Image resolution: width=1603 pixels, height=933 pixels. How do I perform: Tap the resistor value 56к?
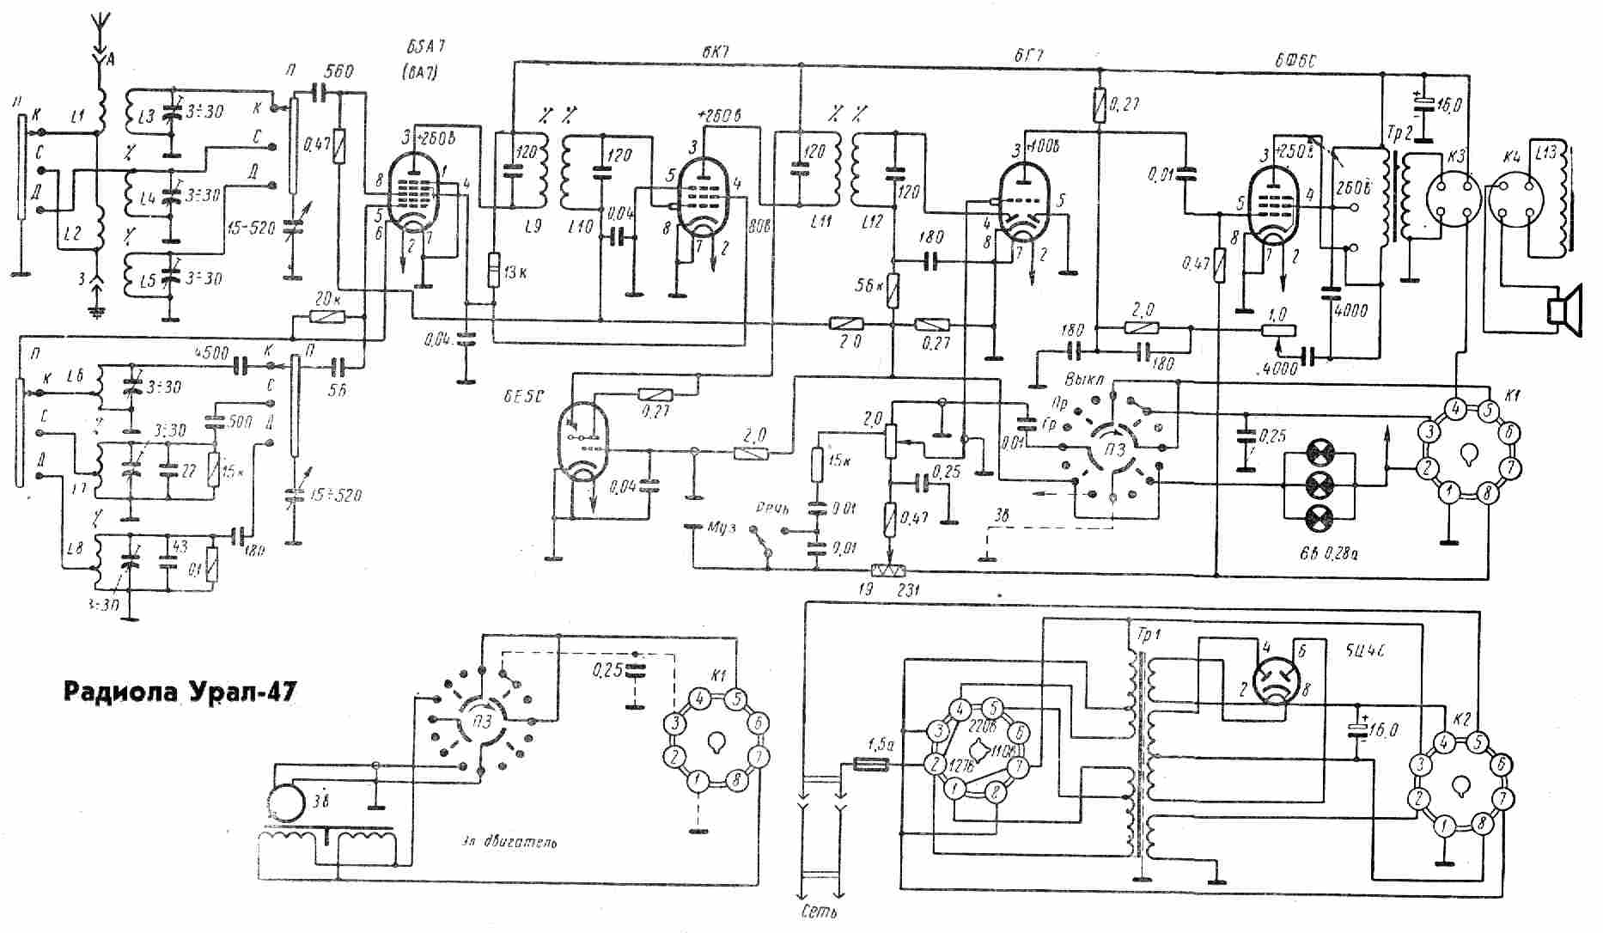tap(871, 284)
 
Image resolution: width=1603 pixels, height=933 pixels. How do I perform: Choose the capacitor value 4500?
tap(212, 352)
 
